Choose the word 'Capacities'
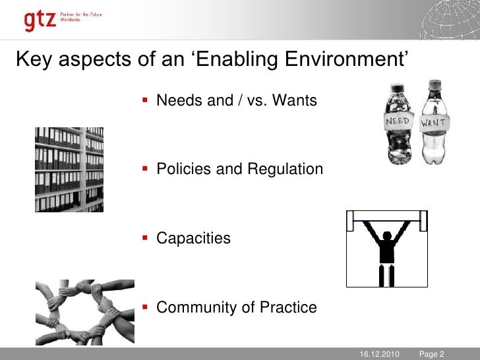193,238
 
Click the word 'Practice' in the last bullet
290,307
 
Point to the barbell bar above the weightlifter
387,214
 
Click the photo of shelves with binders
69,169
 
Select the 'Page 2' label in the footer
432,354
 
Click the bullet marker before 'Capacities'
146,237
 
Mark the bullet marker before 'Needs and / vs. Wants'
146,100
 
